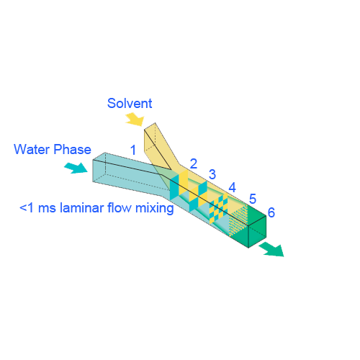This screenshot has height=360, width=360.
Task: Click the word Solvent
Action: pyautogui.click(x=130, y=104)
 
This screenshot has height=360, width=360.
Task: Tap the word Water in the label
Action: pyautogui.click(x=32, y=149)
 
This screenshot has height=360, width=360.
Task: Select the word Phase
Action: pyautogui.click(x=72, y=149)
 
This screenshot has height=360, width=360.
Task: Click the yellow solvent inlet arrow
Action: pyautogui.click(x=135, y=120)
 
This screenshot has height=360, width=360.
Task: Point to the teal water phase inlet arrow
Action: pyautogui.click(x=76, y=168)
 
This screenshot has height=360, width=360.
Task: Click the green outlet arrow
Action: pyautogui.click(x=272, y=249)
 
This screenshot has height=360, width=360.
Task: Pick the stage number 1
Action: pyautogui.click(x=133, y=150)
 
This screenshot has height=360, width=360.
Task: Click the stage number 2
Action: pyautogui.click(x=194, y=163)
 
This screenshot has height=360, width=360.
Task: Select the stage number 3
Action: pyautogui.click(x=212, y=174)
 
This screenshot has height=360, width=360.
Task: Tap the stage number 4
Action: pyautogui.click(x=232, y=187)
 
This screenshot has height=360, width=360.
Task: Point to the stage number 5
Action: pyautogui.click(x=253, y=199)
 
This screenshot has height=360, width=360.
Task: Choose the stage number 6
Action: pyautogui.click(x=271, y=212)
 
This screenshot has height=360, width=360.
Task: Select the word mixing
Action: pyautogui.click(x=155, y=208)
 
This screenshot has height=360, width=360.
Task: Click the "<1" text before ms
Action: pyautogui.click(x=27, y=208)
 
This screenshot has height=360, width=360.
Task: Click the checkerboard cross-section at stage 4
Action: pyautogui.click(x=219, y=209)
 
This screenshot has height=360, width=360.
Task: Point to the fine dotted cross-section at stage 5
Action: pyautogui.click(x=239, y=220)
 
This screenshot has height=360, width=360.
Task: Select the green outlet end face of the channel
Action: pyautogui.click(x=257, y=232)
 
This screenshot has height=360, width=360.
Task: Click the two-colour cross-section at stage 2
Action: pyautogui.click(x=179, y=185)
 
